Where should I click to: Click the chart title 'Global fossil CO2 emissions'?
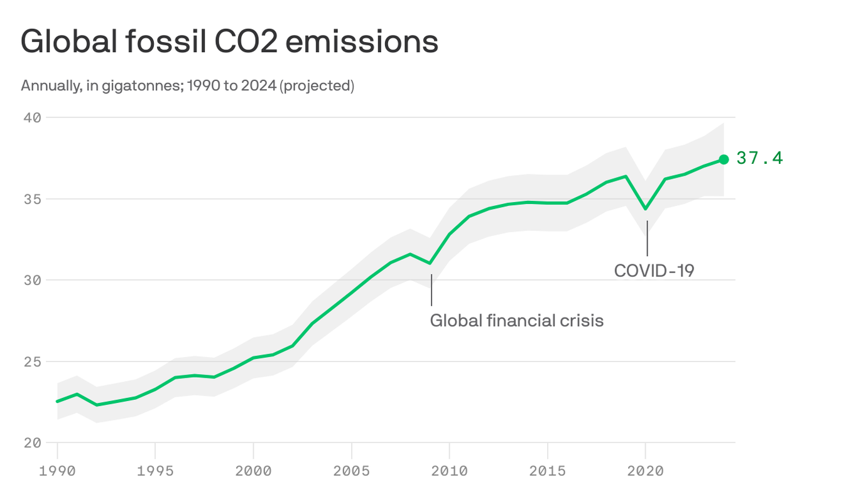[229, 42]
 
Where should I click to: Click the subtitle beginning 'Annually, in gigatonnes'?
[187, 85]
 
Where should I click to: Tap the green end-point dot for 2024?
[724, 159]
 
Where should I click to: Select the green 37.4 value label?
[759, 158]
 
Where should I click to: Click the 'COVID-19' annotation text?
[654, 270]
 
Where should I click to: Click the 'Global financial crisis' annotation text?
[516, 321]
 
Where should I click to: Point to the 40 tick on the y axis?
[33, 118]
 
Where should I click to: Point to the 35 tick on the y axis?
[33, 199]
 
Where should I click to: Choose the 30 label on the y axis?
[33, 280]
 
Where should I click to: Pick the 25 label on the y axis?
[33, 361]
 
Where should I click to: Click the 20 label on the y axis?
[33, 442]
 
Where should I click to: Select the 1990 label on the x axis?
[57, 470]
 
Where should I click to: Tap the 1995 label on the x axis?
[155, 470]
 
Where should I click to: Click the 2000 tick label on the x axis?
[253, 470]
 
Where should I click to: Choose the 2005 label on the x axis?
[351, 470]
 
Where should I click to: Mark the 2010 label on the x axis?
[449, 470]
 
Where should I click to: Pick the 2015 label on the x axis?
[547, 470]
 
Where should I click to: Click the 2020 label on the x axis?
[645, 470]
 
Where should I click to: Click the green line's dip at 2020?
[646, 209]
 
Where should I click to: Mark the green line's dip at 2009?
[430, 263]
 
